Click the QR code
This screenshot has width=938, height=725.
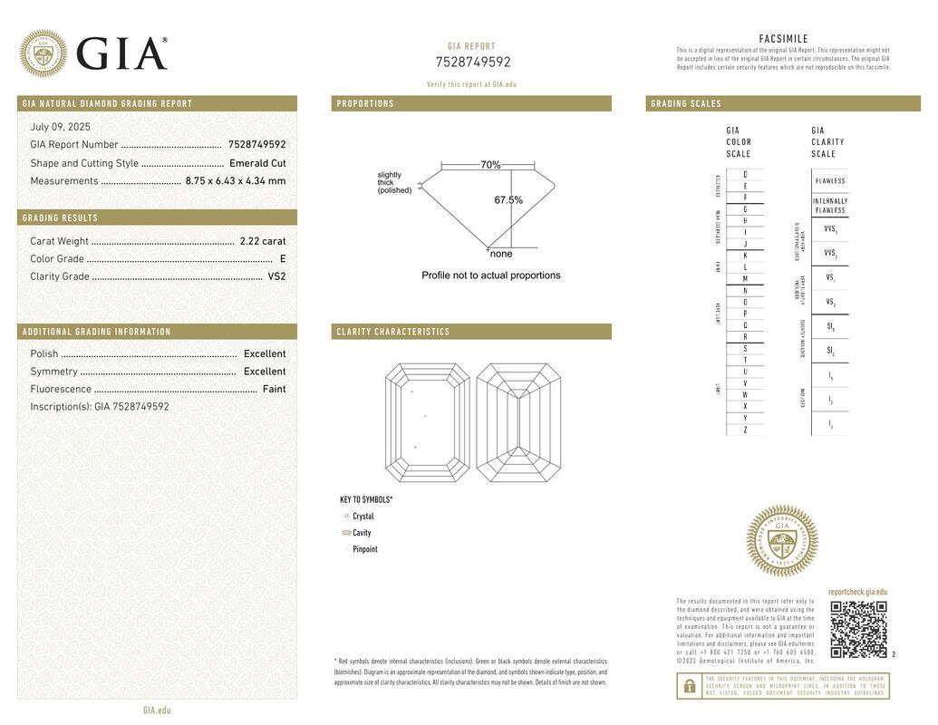(858, 629)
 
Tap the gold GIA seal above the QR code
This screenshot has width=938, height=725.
(781, 541)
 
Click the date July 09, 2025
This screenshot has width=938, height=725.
(61, 127)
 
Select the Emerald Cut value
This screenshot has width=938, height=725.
(257, 163)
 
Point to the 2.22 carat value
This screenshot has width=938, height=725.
(263, 241)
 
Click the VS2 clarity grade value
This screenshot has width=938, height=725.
(276, 276)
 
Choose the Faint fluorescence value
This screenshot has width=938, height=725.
(274, 389)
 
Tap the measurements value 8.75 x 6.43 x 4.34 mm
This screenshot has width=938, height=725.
(236, 180)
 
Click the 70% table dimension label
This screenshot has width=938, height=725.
(490, 165)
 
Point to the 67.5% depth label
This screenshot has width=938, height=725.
(508, 200)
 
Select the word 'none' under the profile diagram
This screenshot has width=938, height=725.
(501, 254)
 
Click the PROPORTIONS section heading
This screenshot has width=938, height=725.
(366, 103)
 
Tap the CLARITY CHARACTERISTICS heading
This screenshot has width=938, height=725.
(393, 332)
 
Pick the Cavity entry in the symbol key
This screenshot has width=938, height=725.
(362, 533)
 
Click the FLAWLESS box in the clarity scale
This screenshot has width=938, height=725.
(830, 180)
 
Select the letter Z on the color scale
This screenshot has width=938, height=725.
(745, 430)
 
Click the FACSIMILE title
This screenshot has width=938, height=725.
(783, 39)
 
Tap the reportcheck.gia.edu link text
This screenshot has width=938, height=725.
(857, 592)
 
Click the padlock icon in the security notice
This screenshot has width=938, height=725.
(689, 686)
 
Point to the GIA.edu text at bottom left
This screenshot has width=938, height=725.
(157, 710)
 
